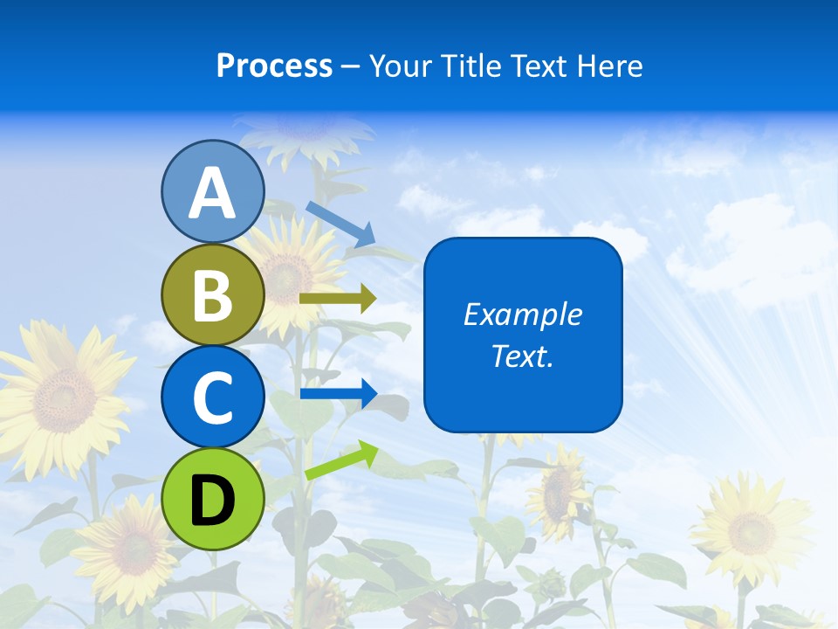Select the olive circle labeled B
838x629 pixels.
point(212,295)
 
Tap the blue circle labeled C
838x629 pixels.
point(212,397)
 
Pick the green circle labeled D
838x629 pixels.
point(212,499)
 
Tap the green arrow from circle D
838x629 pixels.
point(341,460)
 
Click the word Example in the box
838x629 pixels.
point(523,314)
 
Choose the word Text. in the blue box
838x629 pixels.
point(523,356)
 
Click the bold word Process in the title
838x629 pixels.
point(274,66)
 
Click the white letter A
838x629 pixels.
point(212,194)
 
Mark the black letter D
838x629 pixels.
point(212,501)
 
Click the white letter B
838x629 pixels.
point(212,296)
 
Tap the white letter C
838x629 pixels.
point(212,398)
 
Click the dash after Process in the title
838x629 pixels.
point(351,67)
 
